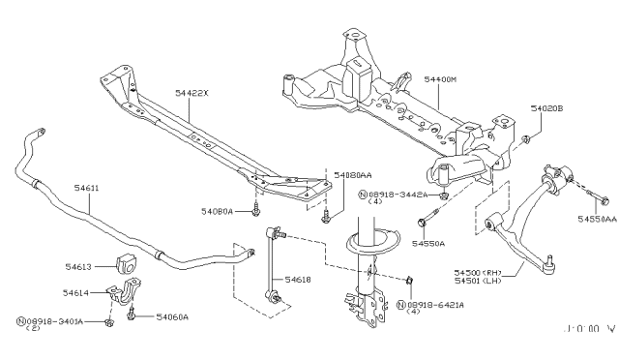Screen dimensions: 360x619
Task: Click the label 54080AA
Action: [353, 176]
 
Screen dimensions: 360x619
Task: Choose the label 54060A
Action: [172, 316]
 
